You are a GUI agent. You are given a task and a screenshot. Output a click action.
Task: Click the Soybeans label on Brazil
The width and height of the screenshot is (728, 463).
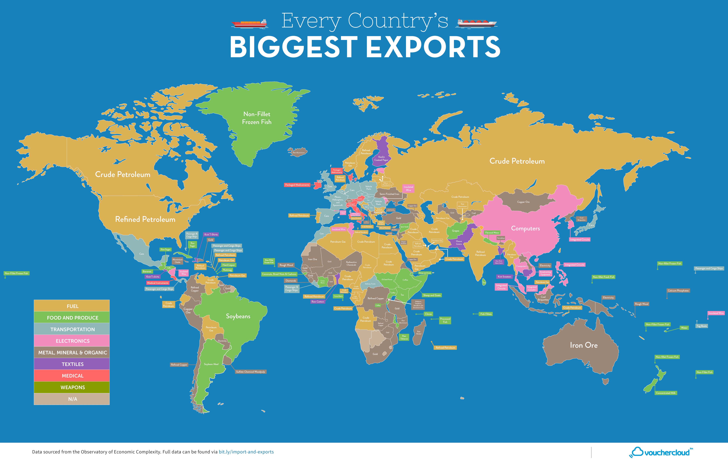[x=238, y=316]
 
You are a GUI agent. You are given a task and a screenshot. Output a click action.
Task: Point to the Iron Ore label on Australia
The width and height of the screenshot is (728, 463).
[x=584, y=345]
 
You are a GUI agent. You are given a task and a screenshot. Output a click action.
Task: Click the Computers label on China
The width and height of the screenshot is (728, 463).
[x=525, y=228]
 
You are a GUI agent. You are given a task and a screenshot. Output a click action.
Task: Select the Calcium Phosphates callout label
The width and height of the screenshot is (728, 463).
[x=678, y=291]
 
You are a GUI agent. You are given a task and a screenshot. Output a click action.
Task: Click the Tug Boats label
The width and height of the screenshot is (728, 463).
[x=702, y=326]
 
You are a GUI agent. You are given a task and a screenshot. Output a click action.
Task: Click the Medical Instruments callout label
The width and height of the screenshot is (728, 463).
[x=158, y=283]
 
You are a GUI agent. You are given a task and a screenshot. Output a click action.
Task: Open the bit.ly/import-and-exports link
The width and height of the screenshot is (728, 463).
[x=246, y=452]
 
